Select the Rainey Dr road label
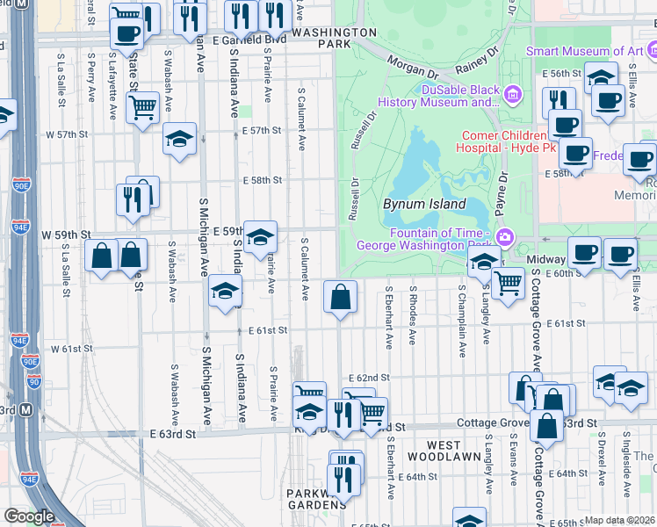pos(476,61)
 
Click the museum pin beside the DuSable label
pos(514,93)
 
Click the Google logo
pos(29,516)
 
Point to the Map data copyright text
pos(619,520)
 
